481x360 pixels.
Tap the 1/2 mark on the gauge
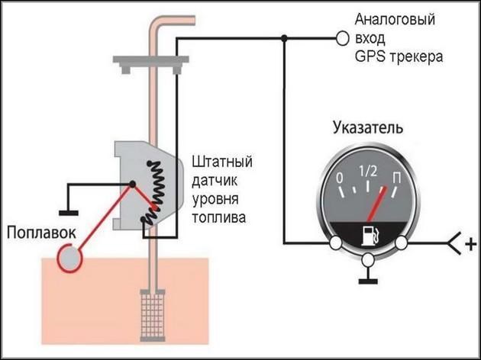pyautogui.click(x=369, y=170)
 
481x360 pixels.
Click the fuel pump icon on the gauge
pyautogui.click(x=369, y=233)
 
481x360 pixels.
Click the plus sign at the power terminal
pyautogui.click(x=470, y=245)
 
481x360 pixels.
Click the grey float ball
pyautogui.click(x=70, y=256)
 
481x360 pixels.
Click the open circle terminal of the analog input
pyautogui.click(x=342, y=37)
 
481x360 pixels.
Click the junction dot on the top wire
pyautogui.click(x=284, y=37)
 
